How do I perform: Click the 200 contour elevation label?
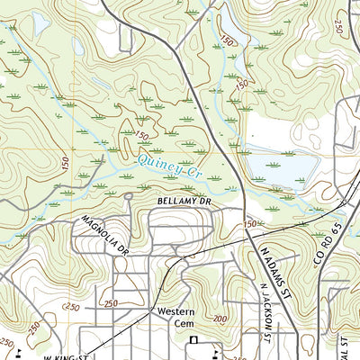pos(220,319)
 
